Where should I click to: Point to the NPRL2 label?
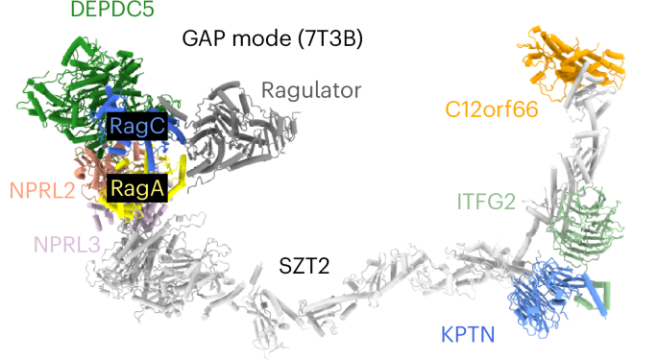click(x=42, y=190)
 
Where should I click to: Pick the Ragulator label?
click(x=311, y=91)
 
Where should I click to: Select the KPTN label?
click(x=470, y=335)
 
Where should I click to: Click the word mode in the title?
click(x=269, y=39)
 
